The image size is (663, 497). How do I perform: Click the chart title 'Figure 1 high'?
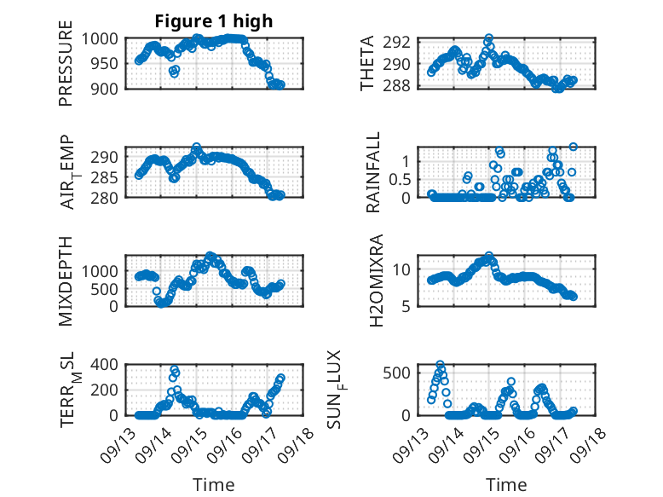214,21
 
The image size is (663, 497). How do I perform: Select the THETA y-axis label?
368,63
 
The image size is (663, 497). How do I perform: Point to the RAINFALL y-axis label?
373,172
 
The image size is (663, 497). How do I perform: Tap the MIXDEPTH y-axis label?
66,281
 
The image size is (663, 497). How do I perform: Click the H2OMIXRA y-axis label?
373,281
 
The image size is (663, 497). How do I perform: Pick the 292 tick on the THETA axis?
402,42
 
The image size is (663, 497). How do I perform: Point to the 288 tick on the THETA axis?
402,86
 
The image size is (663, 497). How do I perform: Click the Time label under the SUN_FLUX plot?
506,484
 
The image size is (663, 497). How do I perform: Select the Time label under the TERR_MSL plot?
214,484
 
